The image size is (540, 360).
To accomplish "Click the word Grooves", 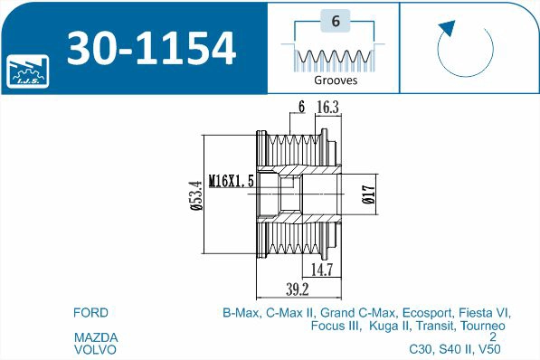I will click(336, 80).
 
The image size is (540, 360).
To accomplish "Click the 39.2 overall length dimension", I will click(298, 289).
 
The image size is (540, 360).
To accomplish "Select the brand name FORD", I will click(90, 313).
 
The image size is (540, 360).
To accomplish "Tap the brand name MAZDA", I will click(95, 337).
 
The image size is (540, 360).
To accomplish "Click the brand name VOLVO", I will click(95, 348).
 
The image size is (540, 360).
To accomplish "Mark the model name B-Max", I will click(242, 313).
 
